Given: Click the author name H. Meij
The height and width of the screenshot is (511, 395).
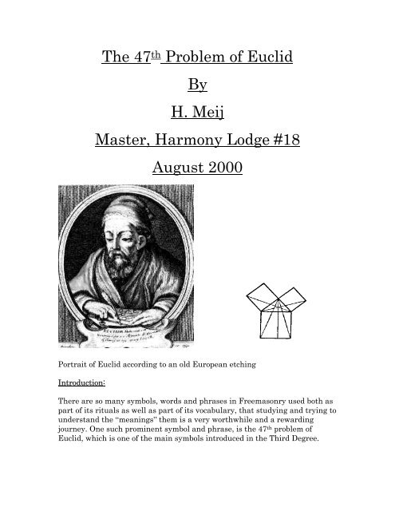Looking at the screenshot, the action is (197, 125).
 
